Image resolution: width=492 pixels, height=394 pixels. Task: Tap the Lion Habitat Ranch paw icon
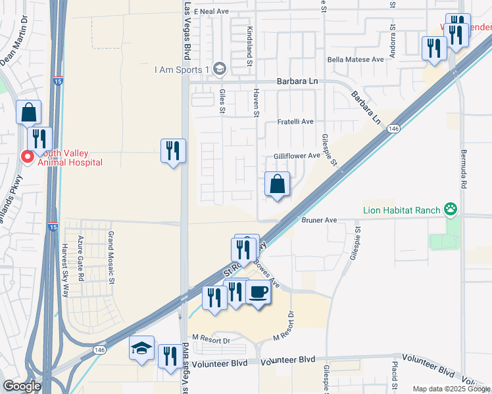(x=451, y=210)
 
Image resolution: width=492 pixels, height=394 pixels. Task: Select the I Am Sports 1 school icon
(x=220, y=69)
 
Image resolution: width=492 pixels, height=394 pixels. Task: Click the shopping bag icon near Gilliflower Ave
(x=278, y=185)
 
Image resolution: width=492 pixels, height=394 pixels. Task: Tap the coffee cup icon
(x=258, y=292)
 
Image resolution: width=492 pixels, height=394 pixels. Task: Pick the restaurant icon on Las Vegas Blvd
(x=173, y=151)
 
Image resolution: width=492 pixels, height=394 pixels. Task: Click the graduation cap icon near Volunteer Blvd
(x=141, y=349)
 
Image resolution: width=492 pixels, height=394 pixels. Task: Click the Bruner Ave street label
(x=319, y=221)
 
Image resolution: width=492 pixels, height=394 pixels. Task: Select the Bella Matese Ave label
(x=356, y=60)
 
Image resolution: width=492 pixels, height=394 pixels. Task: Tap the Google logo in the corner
(x=22, y=386)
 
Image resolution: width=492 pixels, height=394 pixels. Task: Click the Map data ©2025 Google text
(x=451, y=389)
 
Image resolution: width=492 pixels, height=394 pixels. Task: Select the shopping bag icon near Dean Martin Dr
(x=29, y=113)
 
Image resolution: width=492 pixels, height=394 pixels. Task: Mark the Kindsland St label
(x=249, y=47)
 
